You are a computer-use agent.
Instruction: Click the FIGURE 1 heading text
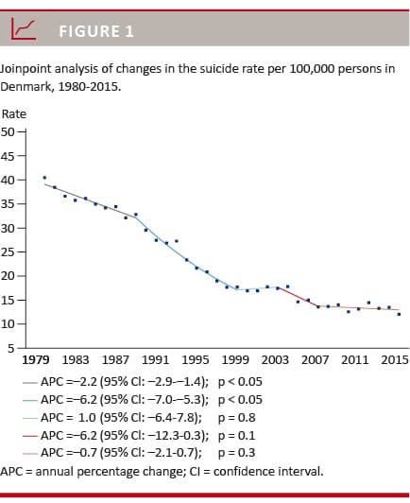(x=96, y=31)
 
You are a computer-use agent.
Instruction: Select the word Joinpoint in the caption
(x=29, y=69)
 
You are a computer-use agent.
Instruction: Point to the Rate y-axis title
(x=14, y=113)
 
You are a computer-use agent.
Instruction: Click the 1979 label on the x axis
(x=36, y=360)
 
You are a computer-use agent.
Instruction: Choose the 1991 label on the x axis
(x=156, y=360)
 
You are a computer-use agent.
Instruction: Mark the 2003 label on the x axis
(x=275, y=360)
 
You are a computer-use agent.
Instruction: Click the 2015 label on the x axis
(x=394, y=360)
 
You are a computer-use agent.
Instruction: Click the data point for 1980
(x=44, y=178)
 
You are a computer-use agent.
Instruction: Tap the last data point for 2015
(x=399, y=314)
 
